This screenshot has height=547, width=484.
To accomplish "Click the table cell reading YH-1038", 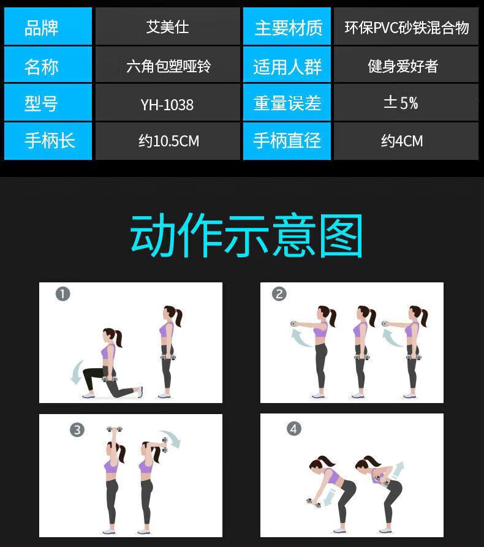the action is [167, 103].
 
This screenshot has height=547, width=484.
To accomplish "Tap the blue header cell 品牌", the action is [48, 26].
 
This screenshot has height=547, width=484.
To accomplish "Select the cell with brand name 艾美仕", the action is [167, 26].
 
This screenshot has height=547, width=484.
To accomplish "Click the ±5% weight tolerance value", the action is [406, 103].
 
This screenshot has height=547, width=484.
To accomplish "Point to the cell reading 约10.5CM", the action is [167, 141].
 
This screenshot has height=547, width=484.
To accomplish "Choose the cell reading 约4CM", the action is [406, 141].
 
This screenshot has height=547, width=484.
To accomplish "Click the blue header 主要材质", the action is [287, 26].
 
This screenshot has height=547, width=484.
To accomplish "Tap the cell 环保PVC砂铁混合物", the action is [406, 26].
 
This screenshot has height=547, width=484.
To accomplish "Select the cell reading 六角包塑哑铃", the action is [167, 65].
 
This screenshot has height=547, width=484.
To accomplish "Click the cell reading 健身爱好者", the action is [406, 65].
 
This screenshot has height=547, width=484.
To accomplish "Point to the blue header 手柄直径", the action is [287, 141].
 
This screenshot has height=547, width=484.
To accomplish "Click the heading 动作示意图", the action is [246, 235].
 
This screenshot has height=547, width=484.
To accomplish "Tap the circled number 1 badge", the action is [63, 294].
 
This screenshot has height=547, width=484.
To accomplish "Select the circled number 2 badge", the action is [279, 294].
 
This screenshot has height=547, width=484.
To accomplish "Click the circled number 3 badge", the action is [77, 430].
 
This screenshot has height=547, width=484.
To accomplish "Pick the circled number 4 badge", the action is [294, 429].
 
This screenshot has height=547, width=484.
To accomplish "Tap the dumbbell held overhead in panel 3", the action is [115, 429].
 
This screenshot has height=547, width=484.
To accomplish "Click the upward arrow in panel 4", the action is [398, 470].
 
